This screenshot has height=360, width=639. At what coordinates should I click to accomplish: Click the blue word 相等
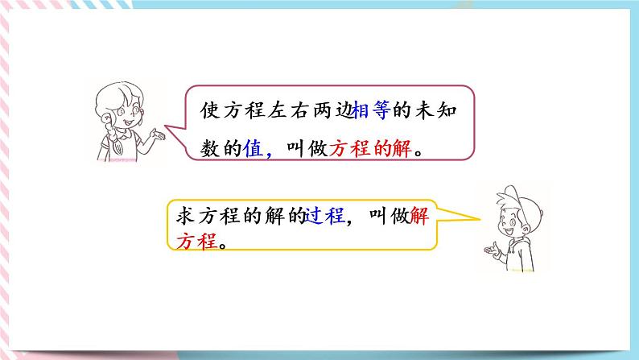pos(369,116)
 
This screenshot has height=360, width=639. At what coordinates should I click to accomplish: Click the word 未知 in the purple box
pos(441,116)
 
